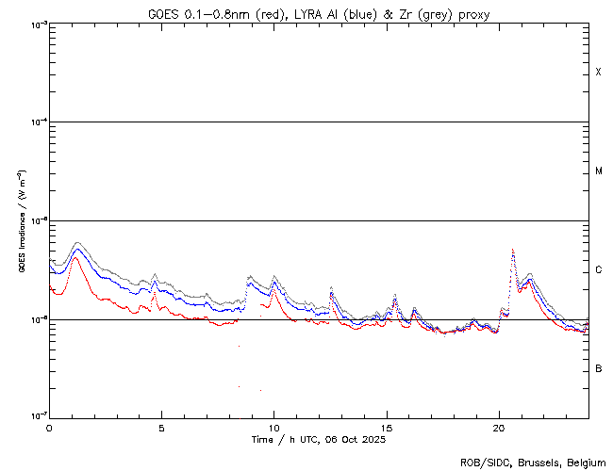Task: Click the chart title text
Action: click(x=318, y=14)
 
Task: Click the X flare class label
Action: click(x=598, y=73)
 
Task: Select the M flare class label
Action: click(x=598, y=171)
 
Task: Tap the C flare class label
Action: click(x=598, y=270)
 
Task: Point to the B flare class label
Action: click(x=598, y=368)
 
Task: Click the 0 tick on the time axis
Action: click(x=49, y=427)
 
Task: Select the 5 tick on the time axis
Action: click(x=161, y=427)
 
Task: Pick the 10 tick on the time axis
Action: click(x=273, y=427)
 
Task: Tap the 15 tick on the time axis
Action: click(x=387, y=427)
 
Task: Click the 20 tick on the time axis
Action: click(x=499, y=427)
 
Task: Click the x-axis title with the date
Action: click(x=318, y=439)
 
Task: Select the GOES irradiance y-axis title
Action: click(x=21, y=220)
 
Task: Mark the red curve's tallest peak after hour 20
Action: click(x=512, y=251)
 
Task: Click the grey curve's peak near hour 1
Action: click(x=77, y=243)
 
